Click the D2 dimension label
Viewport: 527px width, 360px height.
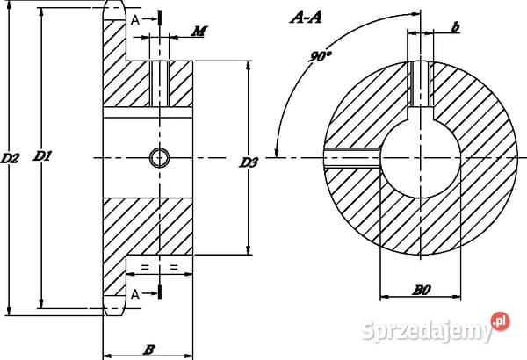[x=10, y=158]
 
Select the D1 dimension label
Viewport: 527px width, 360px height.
[x=42, y=156]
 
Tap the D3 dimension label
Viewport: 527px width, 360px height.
[x=249, y=162]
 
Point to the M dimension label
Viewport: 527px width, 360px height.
[x=199, y=32]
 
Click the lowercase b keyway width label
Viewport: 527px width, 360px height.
[x=455, y=26]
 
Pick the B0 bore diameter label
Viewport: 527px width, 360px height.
[x=422, y=290]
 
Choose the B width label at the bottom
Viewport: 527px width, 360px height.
[x=149, y=349]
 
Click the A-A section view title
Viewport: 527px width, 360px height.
[x=306, y=18]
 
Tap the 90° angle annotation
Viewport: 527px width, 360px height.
[x=321, y=56]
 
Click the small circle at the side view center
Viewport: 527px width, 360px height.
[x=159, y=158]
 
